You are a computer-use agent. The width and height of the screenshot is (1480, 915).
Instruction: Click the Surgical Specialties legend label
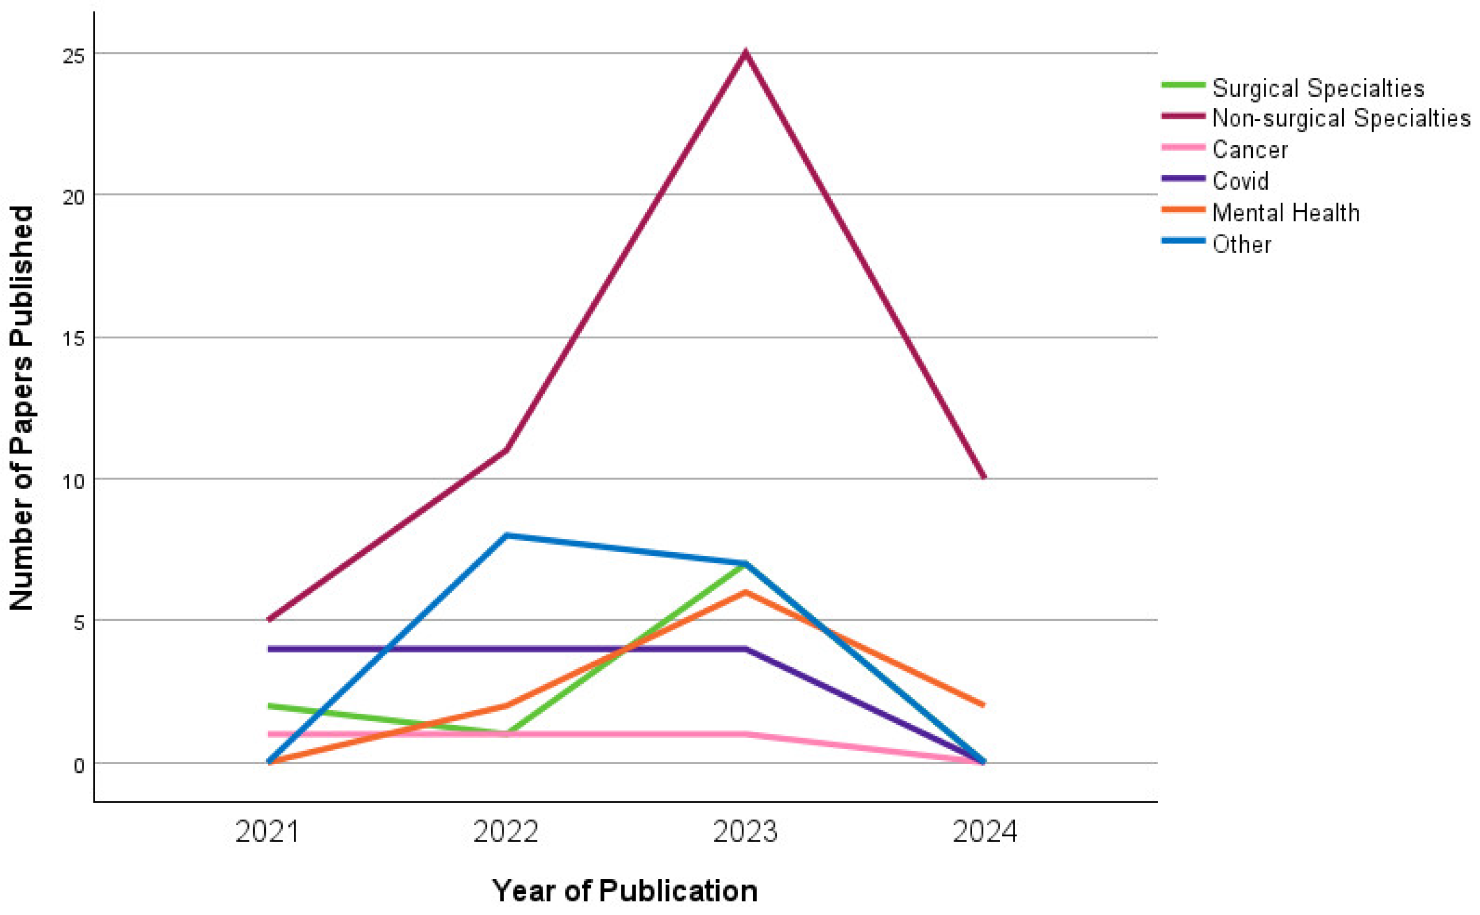1318,88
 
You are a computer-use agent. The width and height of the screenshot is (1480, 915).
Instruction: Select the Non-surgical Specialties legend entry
1341,118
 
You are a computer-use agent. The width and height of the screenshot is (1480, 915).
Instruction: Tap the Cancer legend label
1250,150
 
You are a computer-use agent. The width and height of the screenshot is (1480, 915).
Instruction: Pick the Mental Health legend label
1286,212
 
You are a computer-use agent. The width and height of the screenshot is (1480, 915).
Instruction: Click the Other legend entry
1241,245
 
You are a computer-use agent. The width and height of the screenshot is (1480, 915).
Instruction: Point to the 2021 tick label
267,832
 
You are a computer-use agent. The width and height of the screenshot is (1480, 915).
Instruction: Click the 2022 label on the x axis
505,832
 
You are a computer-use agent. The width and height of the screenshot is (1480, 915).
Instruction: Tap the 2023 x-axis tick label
745,832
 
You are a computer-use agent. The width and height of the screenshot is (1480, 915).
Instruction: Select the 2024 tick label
984,832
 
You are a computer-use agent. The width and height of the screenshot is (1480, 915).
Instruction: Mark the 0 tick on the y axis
79,765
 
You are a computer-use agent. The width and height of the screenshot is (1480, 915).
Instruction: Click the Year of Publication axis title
625,891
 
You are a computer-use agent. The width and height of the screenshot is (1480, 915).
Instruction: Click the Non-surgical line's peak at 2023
746,53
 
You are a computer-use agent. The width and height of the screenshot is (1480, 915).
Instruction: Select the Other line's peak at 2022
506,535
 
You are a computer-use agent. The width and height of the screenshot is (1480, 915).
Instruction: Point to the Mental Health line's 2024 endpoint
984,705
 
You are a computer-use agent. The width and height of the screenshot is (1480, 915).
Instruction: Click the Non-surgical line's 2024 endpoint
984,478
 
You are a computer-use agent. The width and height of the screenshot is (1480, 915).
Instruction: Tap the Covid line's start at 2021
269,649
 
